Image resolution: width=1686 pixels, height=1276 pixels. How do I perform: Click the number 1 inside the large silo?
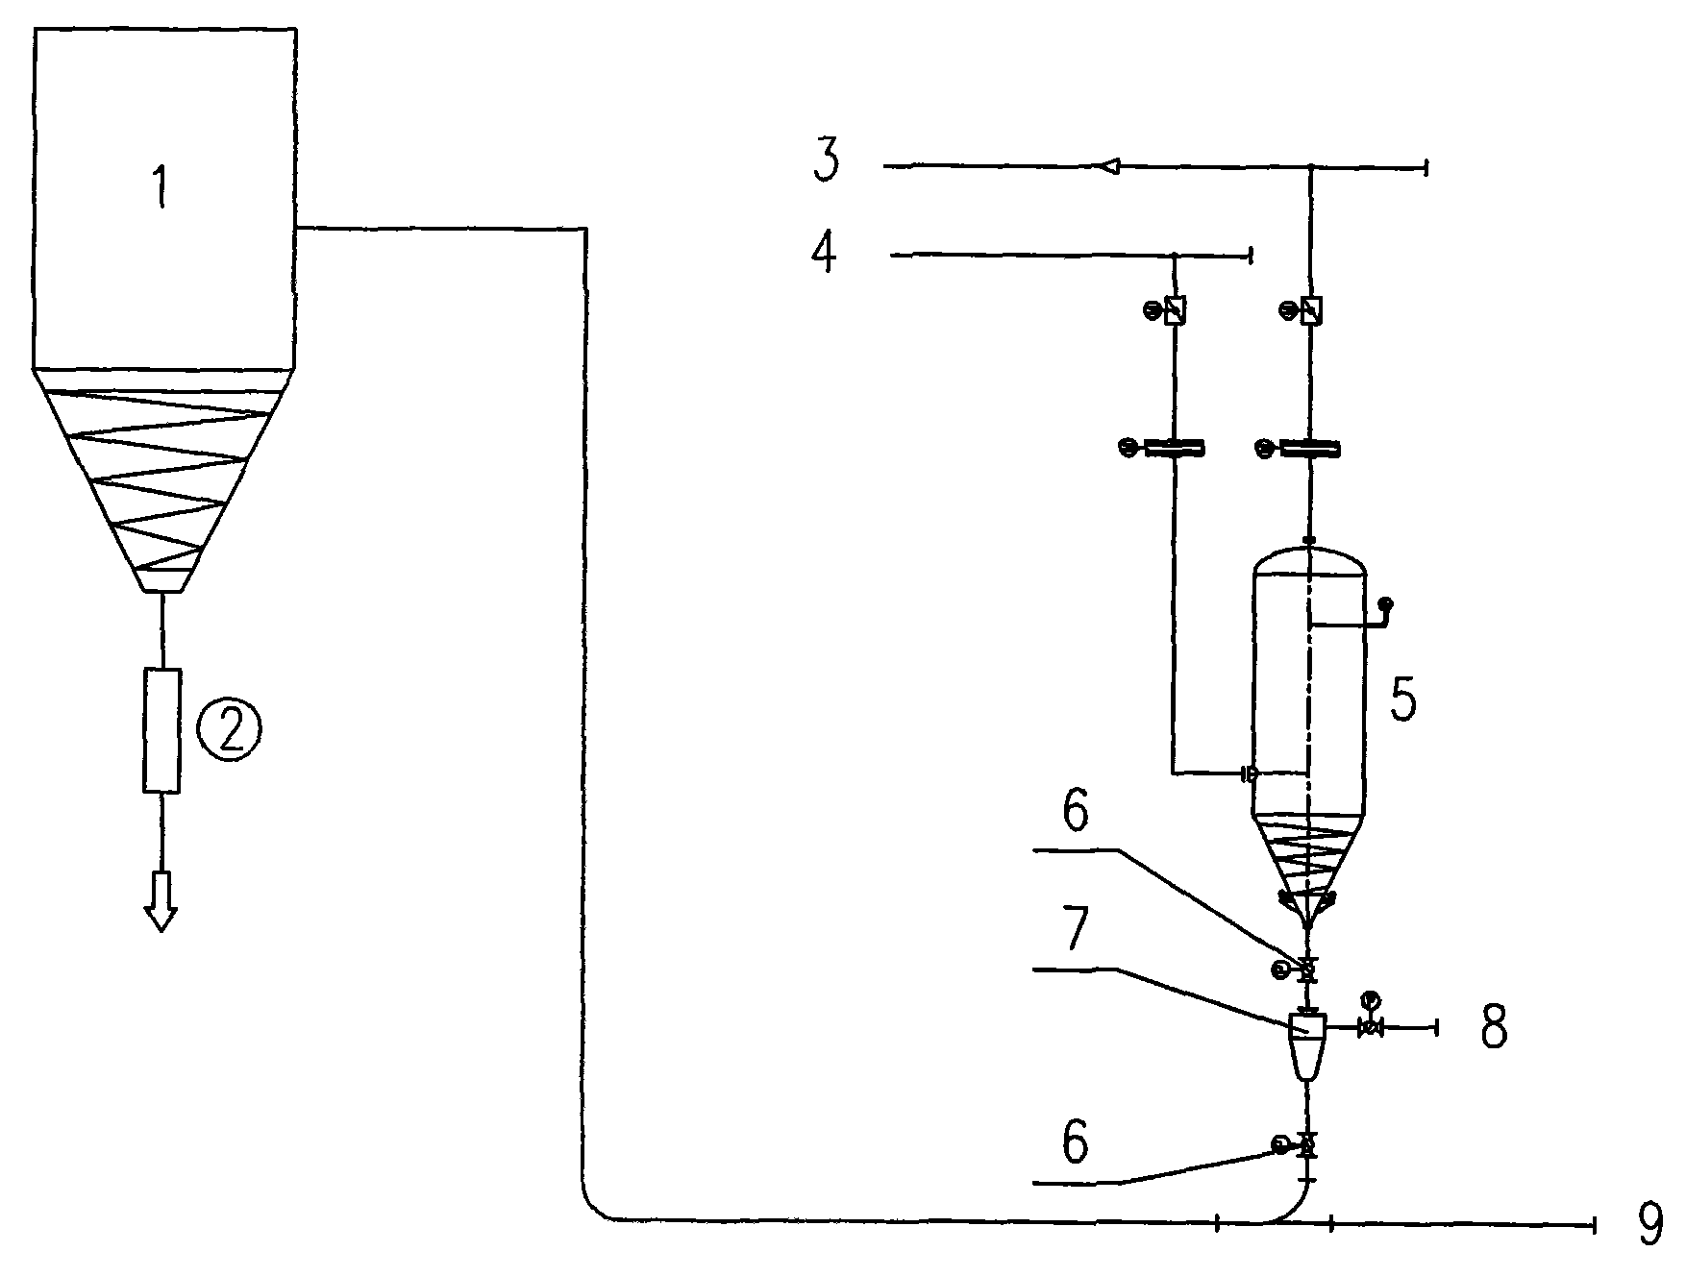[x=161, y=186]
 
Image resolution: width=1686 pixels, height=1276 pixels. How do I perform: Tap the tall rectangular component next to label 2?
[x=161, y=730]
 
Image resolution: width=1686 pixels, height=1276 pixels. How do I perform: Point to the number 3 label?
[x=826, y=160]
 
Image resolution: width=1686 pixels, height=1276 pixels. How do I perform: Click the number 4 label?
[x=824, y=253]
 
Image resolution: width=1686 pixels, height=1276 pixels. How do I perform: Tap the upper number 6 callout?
[x=1076, y=812]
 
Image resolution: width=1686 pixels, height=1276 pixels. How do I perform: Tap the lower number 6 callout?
[x=1076, y=1143]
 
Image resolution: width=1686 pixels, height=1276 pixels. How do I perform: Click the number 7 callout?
[x=1076, y=930]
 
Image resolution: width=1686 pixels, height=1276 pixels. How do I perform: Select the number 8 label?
[x=1492, y=1026]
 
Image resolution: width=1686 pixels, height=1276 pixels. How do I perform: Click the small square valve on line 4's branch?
[x=1174, y=310]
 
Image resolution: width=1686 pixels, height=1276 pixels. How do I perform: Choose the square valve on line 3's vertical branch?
[x=1310, y=310]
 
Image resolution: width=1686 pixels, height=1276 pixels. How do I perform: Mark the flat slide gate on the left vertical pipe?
[x=1174, y=448]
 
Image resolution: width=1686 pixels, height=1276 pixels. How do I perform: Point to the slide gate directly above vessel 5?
[x=1310, y=448]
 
